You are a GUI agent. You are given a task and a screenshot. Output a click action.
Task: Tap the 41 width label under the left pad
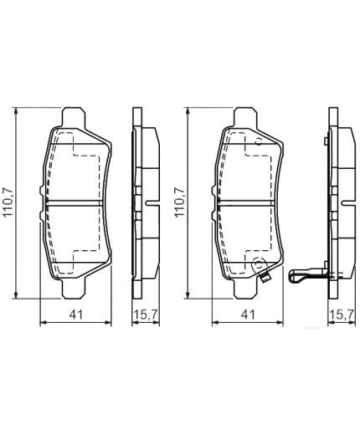point(75,315)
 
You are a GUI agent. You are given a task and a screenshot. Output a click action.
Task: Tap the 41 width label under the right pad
point(247,315)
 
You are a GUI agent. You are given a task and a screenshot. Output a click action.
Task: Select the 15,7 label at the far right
point(340,315)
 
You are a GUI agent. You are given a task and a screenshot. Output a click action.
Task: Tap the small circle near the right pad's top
point(259,141)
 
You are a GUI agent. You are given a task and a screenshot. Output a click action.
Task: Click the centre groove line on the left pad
point(75,201)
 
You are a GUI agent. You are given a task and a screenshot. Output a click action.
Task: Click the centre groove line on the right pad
point(246,201)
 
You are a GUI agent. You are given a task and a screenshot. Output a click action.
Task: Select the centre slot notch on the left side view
point(148,201)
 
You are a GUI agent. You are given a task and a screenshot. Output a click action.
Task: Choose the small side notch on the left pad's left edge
point(42,197)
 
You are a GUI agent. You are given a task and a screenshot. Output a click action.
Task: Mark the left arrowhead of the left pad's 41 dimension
point(44,322)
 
